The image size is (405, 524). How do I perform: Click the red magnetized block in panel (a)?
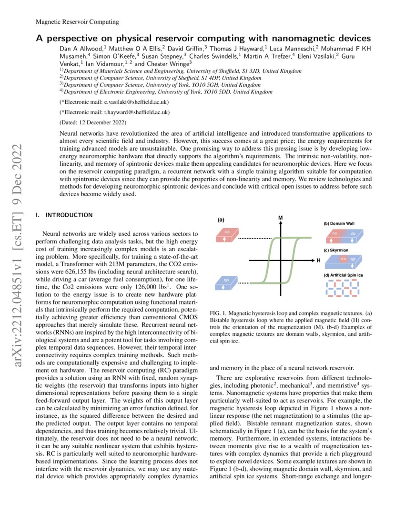point(227,237)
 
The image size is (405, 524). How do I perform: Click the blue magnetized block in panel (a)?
point(227,282)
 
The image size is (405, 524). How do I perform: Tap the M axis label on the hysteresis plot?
point(281,218)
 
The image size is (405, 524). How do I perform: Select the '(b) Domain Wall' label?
point(339,223)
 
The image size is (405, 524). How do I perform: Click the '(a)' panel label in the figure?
point(221,220)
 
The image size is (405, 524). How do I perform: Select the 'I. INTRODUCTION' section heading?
point(64,215)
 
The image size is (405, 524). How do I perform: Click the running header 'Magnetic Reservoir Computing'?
point(77,22)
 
